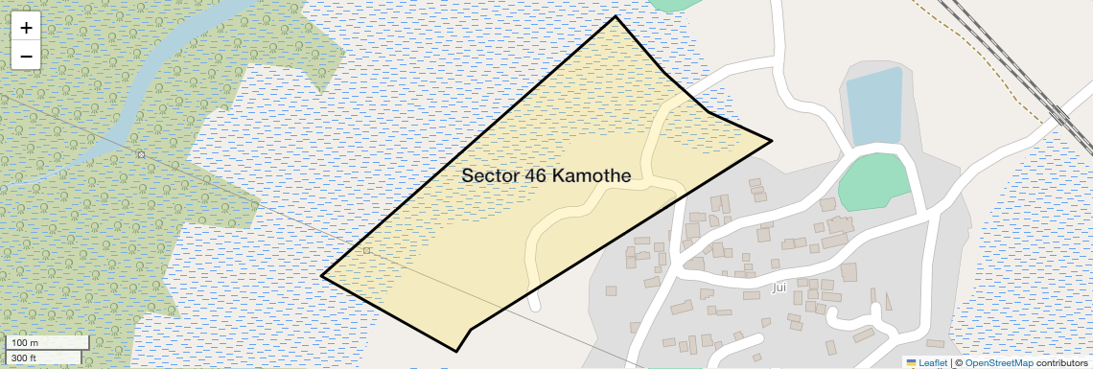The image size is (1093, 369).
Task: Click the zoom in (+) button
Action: click(26, 28)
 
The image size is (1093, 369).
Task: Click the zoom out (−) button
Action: click(26, 56)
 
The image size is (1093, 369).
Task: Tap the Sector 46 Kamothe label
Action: click(546, 176)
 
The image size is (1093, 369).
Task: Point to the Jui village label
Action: click(779, 287)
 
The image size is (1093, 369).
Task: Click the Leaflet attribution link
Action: click(933, 362)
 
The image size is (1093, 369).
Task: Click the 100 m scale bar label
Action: click(25, 343)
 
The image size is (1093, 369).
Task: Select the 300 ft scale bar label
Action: click(24, 357)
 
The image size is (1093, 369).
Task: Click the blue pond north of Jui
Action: click(875, 105)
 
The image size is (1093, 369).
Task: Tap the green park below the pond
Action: click(873, 181)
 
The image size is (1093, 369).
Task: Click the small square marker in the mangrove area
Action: click(141, 154)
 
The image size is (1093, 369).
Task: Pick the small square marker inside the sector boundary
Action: click(366, 251)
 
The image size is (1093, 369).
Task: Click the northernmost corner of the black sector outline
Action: click(615, 16)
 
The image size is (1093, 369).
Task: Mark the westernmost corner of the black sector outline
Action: click(321, 276)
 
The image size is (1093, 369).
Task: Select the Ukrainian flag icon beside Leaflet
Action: click(911, 362)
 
